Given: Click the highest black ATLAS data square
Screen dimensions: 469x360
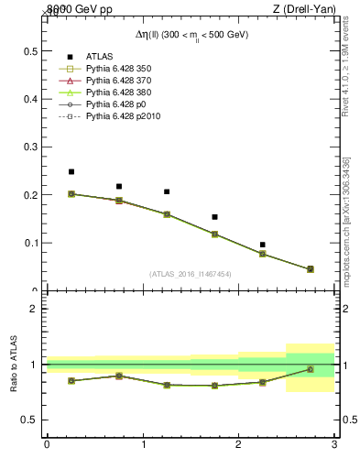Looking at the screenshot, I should (x=71, y=171).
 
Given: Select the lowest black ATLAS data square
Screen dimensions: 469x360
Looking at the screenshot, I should (x=262, y=245).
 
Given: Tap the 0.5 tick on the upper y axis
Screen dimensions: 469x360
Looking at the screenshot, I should (x=32, y=50).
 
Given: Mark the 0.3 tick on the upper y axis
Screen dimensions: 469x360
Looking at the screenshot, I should (x=32, y=147).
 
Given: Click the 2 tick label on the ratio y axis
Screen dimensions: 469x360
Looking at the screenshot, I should (x=33, y=309).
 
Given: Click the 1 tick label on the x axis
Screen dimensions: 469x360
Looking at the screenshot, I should (x=143, y=445).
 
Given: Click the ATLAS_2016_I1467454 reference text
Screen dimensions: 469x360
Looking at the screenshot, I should (x=190, y=273).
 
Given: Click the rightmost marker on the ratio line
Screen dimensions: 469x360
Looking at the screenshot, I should (x=310, y=369).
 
